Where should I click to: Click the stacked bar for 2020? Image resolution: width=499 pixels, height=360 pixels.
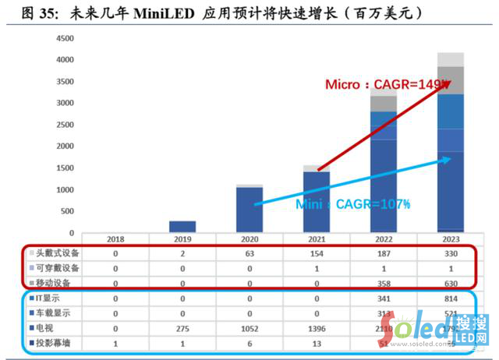tap(249, 208)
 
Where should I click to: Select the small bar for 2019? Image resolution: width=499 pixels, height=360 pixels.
tap(182, 227)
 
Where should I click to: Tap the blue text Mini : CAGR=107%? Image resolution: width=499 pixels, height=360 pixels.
tap(366, 204)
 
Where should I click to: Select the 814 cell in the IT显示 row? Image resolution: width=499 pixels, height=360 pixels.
tap(451, 298)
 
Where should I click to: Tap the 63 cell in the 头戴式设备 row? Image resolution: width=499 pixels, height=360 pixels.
tap(249, 253)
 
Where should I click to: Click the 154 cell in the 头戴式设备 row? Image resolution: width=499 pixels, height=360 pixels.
tap(317, 253)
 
